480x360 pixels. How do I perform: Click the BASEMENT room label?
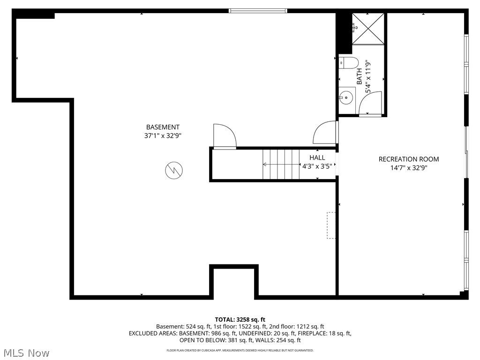click(163, 127)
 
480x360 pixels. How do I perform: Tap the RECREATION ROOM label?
click(409, 159)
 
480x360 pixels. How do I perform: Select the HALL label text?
click(317, 158)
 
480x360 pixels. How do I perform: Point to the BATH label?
click(360, 77)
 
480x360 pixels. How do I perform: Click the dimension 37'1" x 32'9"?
click(163, 135)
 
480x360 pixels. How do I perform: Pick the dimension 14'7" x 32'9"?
click(409, 167)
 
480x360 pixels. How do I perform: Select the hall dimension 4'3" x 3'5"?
click(317, 166)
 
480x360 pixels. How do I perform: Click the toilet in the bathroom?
click(348, 62)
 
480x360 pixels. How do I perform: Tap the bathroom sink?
click(346, 97)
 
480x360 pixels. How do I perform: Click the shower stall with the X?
click(368, 29)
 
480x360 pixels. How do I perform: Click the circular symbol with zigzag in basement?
click(174, 170)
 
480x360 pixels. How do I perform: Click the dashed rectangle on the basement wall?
click(331, 225)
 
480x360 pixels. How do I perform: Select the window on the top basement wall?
click(257, 10)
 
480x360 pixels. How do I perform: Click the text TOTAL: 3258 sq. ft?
click(240, 320)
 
